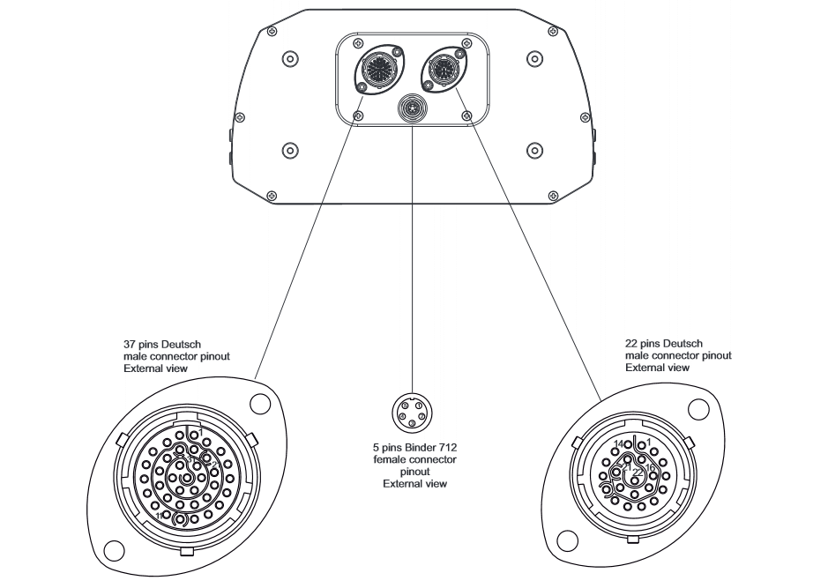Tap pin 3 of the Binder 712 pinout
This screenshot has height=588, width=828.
tap(412, 422)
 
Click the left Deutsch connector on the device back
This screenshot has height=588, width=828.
tap(374, 68)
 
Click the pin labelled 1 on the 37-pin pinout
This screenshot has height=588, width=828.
tap(194, 435)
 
